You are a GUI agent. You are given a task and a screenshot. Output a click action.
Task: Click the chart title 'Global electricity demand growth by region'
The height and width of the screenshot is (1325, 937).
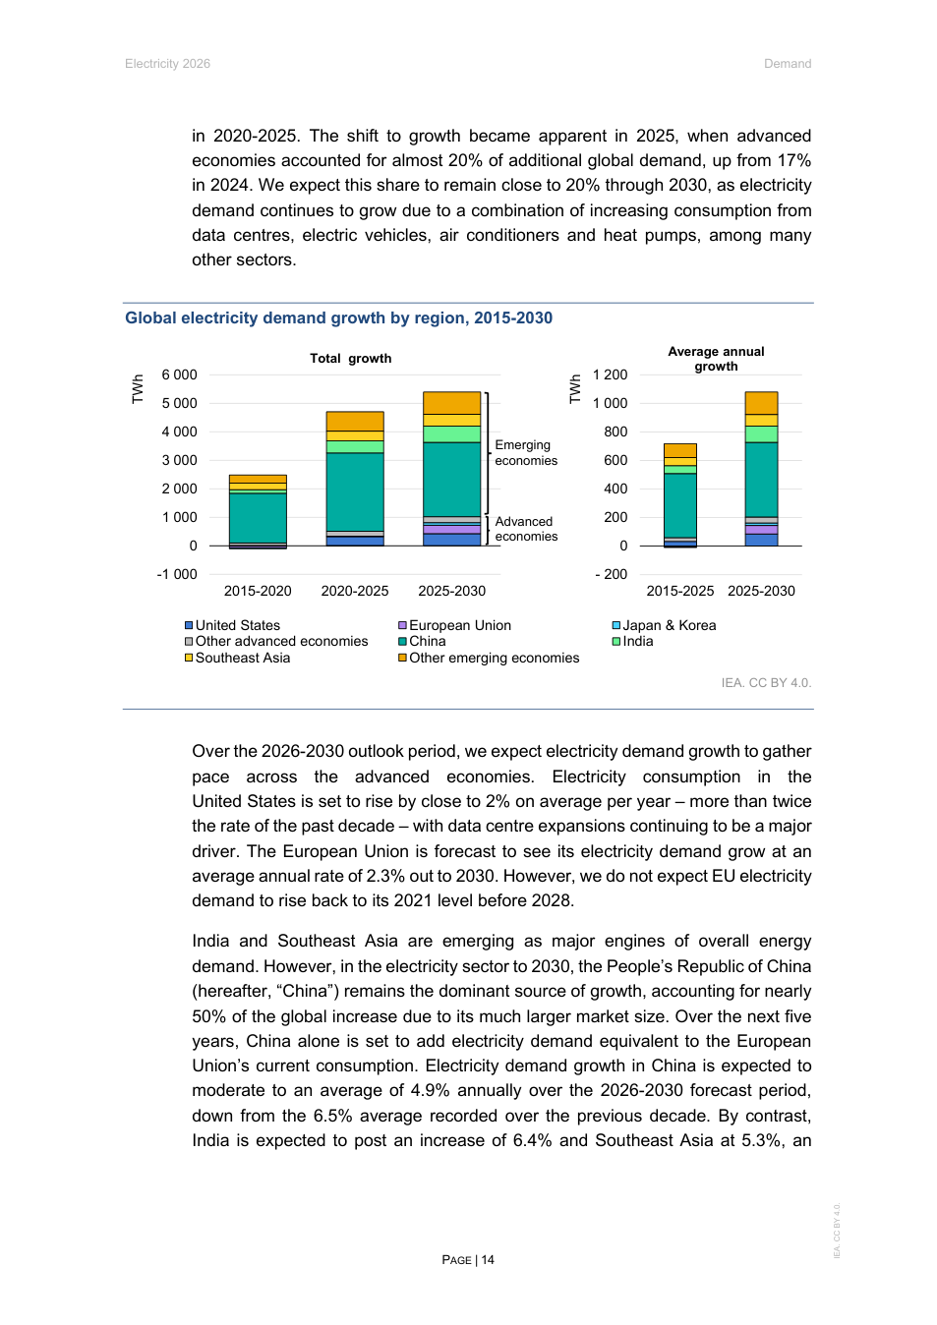pyautogui.click(x=338, y=317)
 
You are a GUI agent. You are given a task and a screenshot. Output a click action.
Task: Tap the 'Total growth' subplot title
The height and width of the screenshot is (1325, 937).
pyautogui.click(x=350, y=359)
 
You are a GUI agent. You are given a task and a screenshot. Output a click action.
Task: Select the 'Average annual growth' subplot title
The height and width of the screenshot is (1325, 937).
pyautogui.click(x=716, y=359)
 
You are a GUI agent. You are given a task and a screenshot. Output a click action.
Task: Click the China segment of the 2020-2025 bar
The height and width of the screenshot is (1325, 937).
pyautogui.click(x=355, y=491)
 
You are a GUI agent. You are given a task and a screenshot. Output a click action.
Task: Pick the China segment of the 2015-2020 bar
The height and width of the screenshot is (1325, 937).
pyautogui.click(x=258, y=517)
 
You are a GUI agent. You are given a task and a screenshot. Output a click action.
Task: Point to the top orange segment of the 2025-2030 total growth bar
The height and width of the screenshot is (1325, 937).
pyautogui.click(x=451, y=403)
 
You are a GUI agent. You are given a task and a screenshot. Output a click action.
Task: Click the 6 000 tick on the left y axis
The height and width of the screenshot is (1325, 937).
pyautogui.click(x=179, y=374)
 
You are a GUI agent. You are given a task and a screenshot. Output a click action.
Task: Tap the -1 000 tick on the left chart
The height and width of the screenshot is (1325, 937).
pyautogui.click(x=177, y=574)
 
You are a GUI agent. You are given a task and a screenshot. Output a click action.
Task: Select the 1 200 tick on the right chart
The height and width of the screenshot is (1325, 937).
pyautogui.click(x=610, y=374)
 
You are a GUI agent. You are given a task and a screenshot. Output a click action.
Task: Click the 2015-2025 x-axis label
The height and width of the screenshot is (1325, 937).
pyautogui.click(x=679, y=591)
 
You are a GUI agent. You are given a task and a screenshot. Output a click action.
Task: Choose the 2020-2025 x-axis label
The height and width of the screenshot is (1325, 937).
pyautogui.click(x=355, y=591)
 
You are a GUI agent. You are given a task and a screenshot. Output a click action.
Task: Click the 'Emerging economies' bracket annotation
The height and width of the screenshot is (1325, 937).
pyautogui.click(x=526, y=453)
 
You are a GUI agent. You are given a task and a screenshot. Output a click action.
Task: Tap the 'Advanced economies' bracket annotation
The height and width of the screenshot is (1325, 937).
pyautogui.click(x=526, y=529)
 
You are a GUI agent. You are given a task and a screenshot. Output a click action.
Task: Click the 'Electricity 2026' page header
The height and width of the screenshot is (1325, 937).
pyautogui.click(x=167, y=64)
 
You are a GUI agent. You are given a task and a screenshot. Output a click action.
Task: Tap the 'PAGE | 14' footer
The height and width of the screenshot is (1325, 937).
pyautogui.click(x=468, y=1260)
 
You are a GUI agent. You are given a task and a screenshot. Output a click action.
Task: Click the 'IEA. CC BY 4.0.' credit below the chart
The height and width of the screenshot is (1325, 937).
pyautogui.click(x=766, y=682)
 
